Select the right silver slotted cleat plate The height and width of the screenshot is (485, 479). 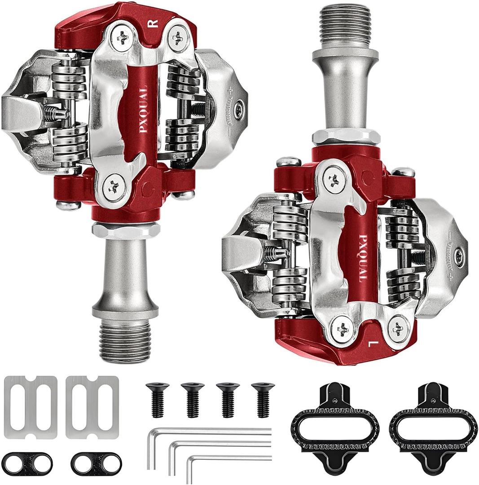(x=92, y=407)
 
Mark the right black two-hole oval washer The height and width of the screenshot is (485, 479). (x=96, y=461)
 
